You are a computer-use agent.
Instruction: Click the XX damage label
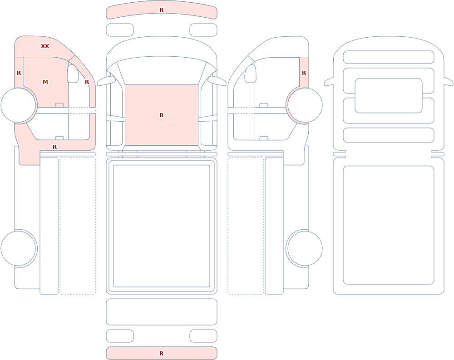tap(45, 46)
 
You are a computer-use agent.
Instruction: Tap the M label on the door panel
tap(45, 82)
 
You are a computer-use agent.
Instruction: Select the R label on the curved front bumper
tap(162, 10)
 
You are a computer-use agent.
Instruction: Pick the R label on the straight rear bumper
tap(162, 353)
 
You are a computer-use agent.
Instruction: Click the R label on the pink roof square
tap(162, 115)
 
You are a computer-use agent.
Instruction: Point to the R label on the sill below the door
tap(55, 147)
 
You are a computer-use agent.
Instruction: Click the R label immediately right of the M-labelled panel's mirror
tap(87, 82)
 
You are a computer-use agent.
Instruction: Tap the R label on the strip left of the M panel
tap(19, 73)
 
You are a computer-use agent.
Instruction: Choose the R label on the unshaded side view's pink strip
tap(304, 73)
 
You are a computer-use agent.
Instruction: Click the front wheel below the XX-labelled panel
tap(18, 105)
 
